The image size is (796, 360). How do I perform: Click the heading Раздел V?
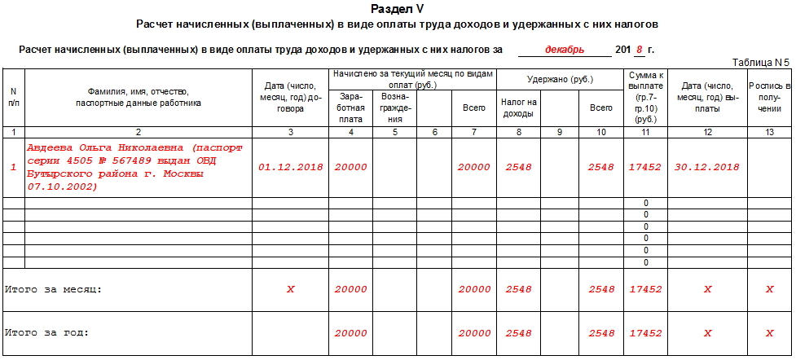pos(397,9)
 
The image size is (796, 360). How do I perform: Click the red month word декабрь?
pos(564,50)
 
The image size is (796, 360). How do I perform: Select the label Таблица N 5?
pos(761,62)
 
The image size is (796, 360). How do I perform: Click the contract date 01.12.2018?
pos(291,167)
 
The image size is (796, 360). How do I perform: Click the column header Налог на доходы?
pos(518,108)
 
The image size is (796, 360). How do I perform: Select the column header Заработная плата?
pos(351,108)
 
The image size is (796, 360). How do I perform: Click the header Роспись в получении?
pos(770,97)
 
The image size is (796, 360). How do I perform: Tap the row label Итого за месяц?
pos(54,289)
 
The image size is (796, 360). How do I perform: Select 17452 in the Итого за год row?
pos(645,333)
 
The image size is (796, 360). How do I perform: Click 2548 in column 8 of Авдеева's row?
pos(518,167)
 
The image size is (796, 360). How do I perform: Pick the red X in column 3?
pos(291,289)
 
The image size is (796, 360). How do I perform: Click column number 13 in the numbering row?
pos(770,132)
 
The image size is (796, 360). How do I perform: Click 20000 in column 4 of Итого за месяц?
pos(351,289)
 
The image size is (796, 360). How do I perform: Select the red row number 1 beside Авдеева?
pos(13,167)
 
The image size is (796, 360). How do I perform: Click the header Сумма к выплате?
pos(645,96)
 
